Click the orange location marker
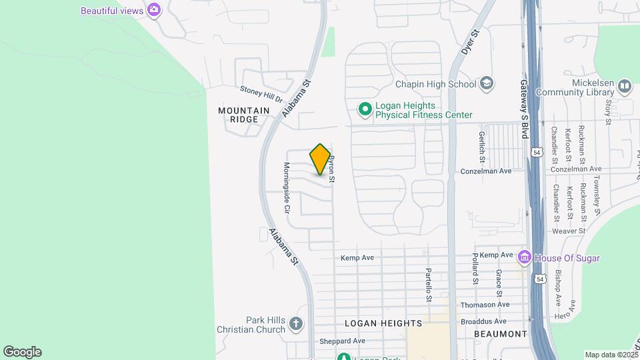pyautogui.click(x=320, y=159)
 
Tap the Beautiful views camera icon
pyautogui.click(x=155, y=9)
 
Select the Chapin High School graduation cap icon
pyautogui.click(x=487, y=83)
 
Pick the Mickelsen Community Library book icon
pyautogui.click(x=624, y=86)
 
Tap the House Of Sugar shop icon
pyautogui.click(x=525, y=257)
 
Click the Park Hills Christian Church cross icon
pyautogui.click(x=296, y=324)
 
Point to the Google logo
pyautogui.click(x=22, y=352)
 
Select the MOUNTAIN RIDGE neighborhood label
pyautogui.click(x=244, y=115)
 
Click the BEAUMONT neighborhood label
pyautogui.click(x=500, y=333)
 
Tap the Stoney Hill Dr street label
pyautogui.click(x=261, y=93)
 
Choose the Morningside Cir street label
pyautogui.click(x=287, y=187)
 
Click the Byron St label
pyautogui.click(x=331, y=170)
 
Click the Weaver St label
pyautogui.click(x=569, y=231)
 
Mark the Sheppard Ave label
pyautogui.click(x=343, y=341)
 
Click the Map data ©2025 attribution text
pyautogui.click(x=611, y=355)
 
